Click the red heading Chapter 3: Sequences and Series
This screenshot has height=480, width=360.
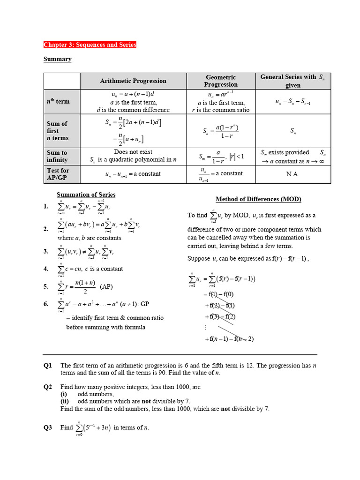click(x=90, y=45)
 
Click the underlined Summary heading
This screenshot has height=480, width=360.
click(x=57, y=59)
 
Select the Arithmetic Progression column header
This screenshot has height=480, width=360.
click(x=133, y=81)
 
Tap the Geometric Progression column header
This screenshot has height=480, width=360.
click(x=221, y=81)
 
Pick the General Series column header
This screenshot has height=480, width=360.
click(x=292, y=81)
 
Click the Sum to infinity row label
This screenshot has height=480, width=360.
click(x=57, y=156)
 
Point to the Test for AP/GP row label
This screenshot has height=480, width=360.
click(x=58, y=174)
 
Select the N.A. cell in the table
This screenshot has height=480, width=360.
click(x=292, y=174)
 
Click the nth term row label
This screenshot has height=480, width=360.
click(x=58, y=102)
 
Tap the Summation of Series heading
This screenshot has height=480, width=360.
click(x=86, y=195)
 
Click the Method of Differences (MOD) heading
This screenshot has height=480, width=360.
click(x=258, y=199)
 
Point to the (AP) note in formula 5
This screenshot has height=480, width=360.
click(x=107, y=286)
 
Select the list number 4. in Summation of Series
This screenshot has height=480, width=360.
click(x=46, y=269)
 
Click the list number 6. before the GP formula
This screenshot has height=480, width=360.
click(x=46, y=304)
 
